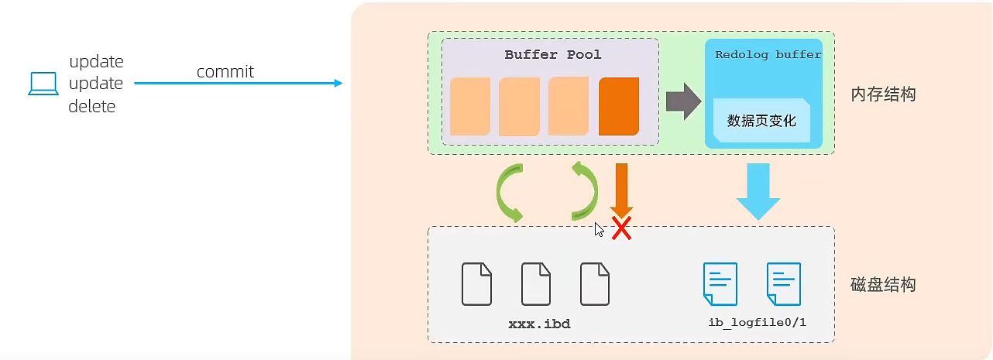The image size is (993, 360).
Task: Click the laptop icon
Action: [x=43, y=84]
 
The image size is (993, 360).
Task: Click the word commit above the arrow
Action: [x=225, y=72]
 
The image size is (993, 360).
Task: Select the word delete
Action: [x=91, y=107]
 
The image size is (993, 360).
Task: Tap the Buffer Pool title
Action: [x=552, y=55]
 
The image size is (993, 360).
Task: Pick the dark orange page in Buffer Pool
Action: [x=618, y=106]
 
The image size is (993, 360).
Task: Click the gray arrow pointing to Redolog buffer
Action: [x=682, y=102]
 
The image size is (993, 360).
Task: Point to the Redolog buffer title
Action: [x=768, y=55]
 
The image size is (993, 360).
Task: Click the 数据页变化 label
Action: [x=761, y=121]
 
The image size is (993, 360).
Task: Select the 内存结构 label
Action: [x=883, y=94]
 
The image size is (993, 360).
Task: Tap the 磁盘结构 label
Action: [x=883, y=284]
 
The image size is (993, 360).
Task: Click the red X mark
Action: [x=621, y=228]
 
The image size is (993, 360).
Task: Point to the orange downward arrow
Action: [x=621, y=188]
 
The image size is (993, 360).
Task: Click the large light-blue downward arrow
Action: [x=758, y=190]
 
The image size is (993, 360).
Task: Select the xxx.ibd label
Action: [x=539, y=324]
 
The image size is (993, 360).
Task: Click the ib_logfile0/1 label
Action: [x=757, y=322]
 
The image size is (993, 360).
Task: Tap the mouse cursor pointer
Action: [x=599, y=229]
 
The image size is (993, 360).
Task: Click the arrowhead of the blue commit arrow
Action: [x=338, y=83]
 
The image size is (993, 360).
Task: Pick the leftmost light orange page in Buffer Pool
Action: [x=469, y=106]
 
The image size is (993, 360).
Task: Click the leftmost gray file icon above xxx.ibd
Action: [x=476, y=284]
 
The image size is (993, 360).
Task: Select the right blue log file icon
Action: [x=783, y=283]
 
